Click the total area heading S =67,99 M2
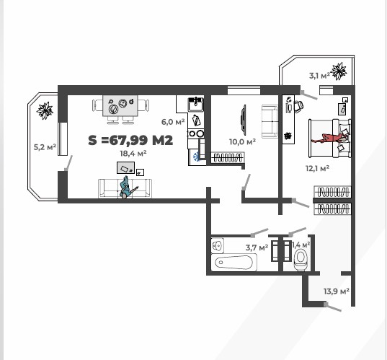[130, 140]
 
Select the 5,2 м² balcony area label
[45, 147]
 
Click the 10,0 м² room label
[242, 142]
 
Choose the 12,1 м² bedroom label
[317, 168]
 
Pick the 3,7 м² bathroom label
[257, 247]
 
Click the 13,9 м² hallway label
[336, 291]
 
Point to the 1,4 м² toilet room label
[300, 245]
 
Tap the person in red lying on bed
[332, 136]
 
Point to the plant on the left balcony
[45, 110]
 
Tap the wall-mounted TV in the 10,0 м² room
[244, 119]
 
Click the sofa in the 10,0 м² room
[270, 121]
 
